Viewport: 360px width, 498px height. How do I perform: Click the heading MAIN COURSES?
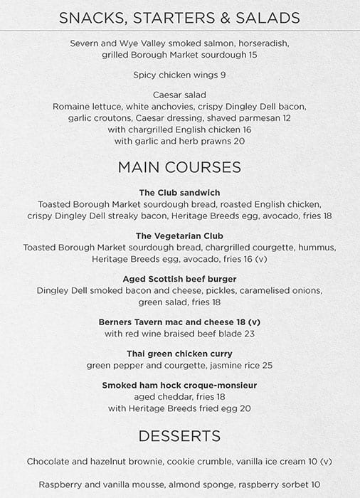[x=179, y=167]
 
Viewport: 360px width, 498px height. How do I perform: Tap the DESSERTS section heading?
[x=179, y=435]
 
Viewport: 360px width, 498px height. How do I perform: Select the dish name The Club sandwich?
[x=179, y=193]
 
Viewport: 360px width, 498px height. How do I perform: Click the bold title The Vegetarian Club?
[x=179, y=235]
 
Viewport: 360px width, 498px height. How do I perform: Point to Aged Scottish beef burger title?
[x=179, y=279]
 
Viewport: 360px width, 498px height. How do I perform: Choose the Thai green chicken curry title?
[x=179, y=354]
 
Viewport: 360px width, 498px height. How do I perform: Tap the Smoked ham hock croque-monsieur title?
[x=179, y=385]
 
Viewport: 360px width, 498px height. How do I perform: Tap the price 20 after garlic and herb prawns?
[x=239, y=141]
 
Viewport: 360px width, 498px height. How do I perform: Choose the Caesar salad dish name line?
[x=179, y=95]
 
